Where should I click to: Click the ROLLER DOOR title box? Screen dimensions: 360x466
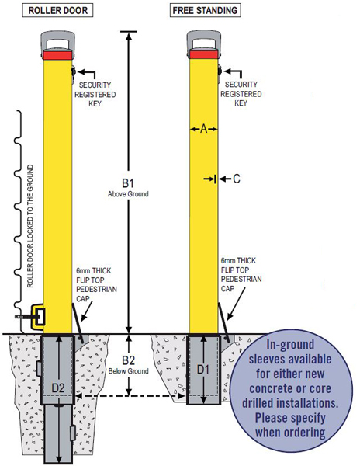pyautogui.click(x=58, y=11)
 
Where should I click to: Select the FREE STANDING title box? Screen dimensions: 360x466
pyautogui.click(x=205, y=11)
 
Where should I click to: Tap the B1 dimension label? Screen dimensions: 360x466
pyautogui.click(x=128, y=183)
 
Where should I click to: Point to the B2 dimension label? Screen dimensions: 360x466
pyautogui.click(x=129, y=360)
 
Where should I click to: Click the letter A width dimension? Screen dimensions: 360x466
pyautogui.click(x=203, y=129)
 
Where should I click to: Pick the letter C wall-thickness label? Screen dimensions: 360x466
pyautogui.click(x=237, y=179)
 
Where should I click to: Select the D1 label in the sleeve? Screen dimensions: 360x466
pyautogui.click(x=203, y=370)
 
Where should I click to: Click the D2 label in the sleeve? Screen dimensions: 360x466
pyautogui.click(x=58, y=388)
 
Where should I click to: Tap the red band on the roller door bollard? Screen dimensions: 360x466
pyautogui.click(x=58, y=55)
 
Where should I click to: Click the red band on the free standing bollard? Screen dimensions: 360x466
pyautogui.click(x=204, y=54)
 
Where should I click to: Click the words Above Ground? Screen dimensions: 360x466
pyautogui.click(x=128, y=194)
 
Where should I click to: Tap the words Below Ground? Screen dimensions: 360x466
pyautogui.click(x=129, y=371)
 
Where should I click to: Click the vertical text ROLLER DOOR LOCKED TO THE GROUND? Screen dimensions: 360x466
pyautogui.click(x=30, y=226)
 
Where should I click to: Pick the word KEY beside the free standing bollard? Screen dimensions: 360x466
pyautogui.click(x=241, y=103)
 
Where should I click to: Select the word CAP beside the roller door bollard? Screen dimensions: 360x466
pyautogui.click(x=83, y=298)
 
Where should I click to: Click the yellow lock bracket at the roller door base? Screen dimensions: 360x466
pyautogui.click(x=38, y=317)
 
